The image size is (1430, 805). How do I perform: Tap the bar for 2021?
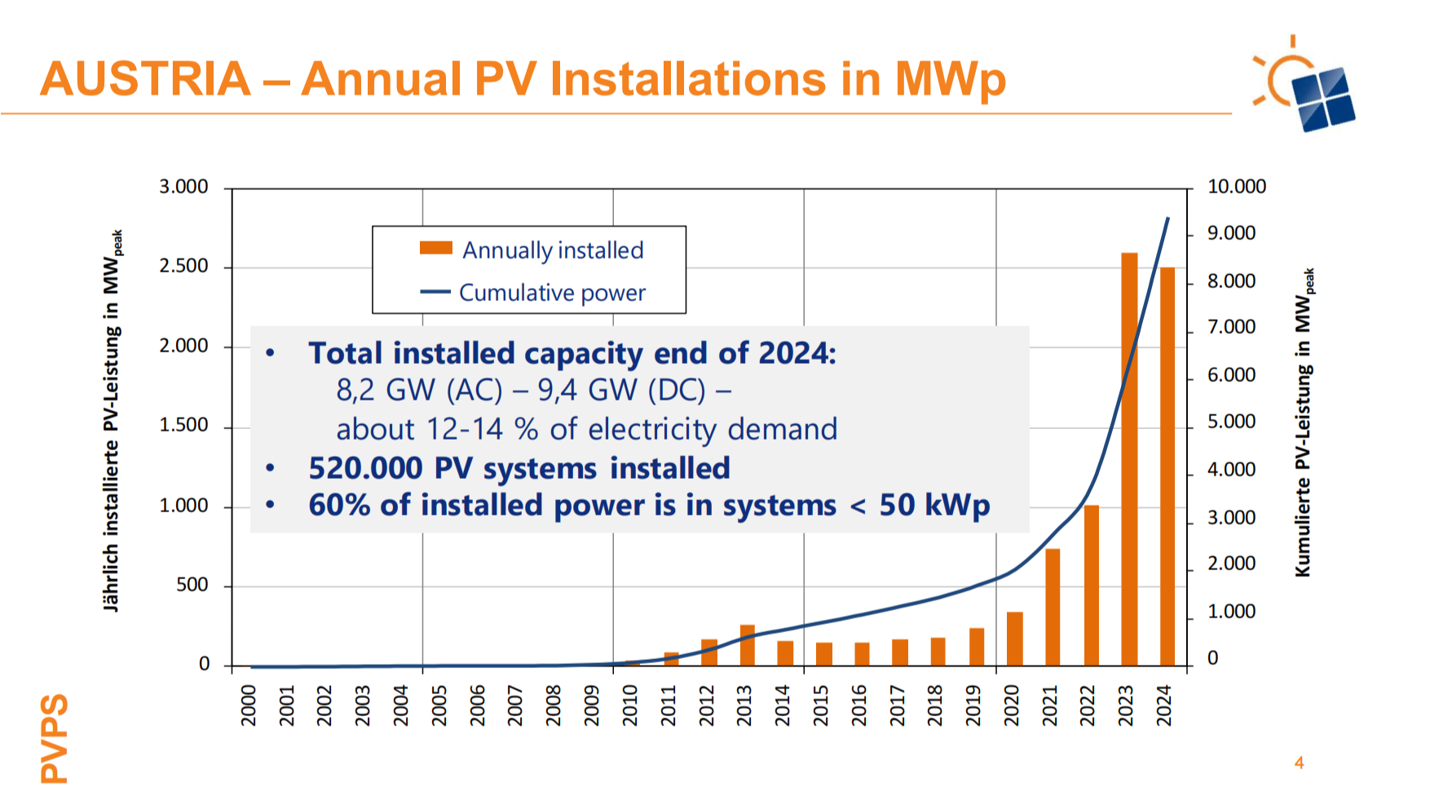point(1053,608)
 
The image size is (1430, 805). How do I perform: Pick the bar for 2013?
point(747,645)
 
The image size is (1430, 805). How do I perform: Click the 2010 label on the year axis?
point(630,705)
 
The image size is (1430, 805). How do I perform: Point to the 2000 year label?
point(249,705)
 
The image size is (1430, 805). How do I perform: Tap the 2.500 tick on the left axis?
point(184,267)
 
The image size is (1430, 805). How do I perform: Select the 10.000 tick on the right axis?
point(1236,187)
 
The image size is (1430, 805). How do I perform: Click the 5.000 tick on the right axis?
point(1231,422)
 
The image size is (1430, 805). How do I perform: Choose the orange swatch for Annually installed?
point(435,248)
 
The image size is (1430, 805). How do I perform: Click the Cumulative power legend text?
point(552,293)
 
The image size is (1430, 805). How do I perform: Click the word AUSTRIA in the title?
point(146,79)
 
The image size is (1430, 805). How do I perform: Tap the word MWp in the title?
point(950,79)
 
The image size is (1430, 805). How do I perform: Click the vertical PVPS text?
point(55,739)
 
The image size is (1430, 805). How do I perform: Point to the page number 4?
point(1299,763)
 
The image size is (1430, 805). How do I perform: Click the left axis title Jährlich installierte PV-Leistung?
point(113,421)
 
